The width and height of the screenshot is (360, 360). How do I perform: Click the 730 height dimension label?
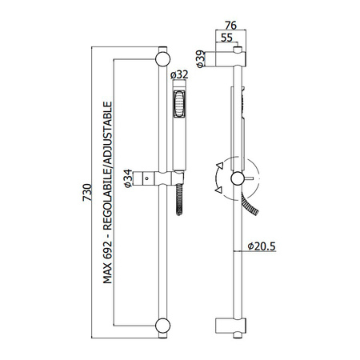tap(87, 192)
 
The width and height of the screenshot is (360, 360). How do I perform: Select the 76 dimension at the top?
tap(230, 26)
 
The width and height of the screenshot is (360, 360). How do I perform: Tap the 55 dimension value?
tap(226, 38)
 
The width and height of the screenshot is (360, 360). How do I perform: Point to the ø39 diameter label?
tap(201, 58)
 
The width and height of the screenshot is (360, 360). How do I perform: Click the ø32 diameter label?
tap(179, 74)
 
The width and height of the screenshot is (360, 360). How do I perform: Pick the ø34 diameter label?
tap(128, 178)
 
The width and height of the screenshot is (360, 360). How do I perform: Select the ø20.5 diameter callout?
tap(262, 246)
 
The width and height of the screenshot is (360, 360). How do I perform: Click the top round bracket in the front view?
tap(162, 59)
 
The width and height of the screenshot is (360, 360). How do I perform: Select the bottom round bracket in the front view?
tap(162, 326)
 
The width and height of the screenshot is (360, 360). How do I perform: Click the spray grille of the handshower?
tap(179, 104)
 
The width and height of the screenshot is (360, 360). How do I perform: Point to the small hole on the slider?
tap(146, 178)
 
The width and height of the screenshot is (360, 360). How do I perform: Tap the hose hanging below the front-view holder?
tap(179, 199)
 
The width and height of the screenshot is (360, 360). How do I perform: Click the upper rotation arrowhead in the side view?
tap(220, 166)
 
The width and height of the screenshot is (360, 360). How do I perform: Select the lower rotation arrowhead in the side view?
tap(218, 190)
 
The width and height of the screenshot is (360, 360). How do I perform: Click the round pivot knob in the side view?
tap(238, 178)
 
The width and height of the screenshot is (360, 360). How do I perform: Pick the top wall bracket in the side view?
tap(230, 59)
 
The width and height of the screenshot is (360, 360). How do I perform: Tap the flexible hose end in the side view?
tap(250, 205)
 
